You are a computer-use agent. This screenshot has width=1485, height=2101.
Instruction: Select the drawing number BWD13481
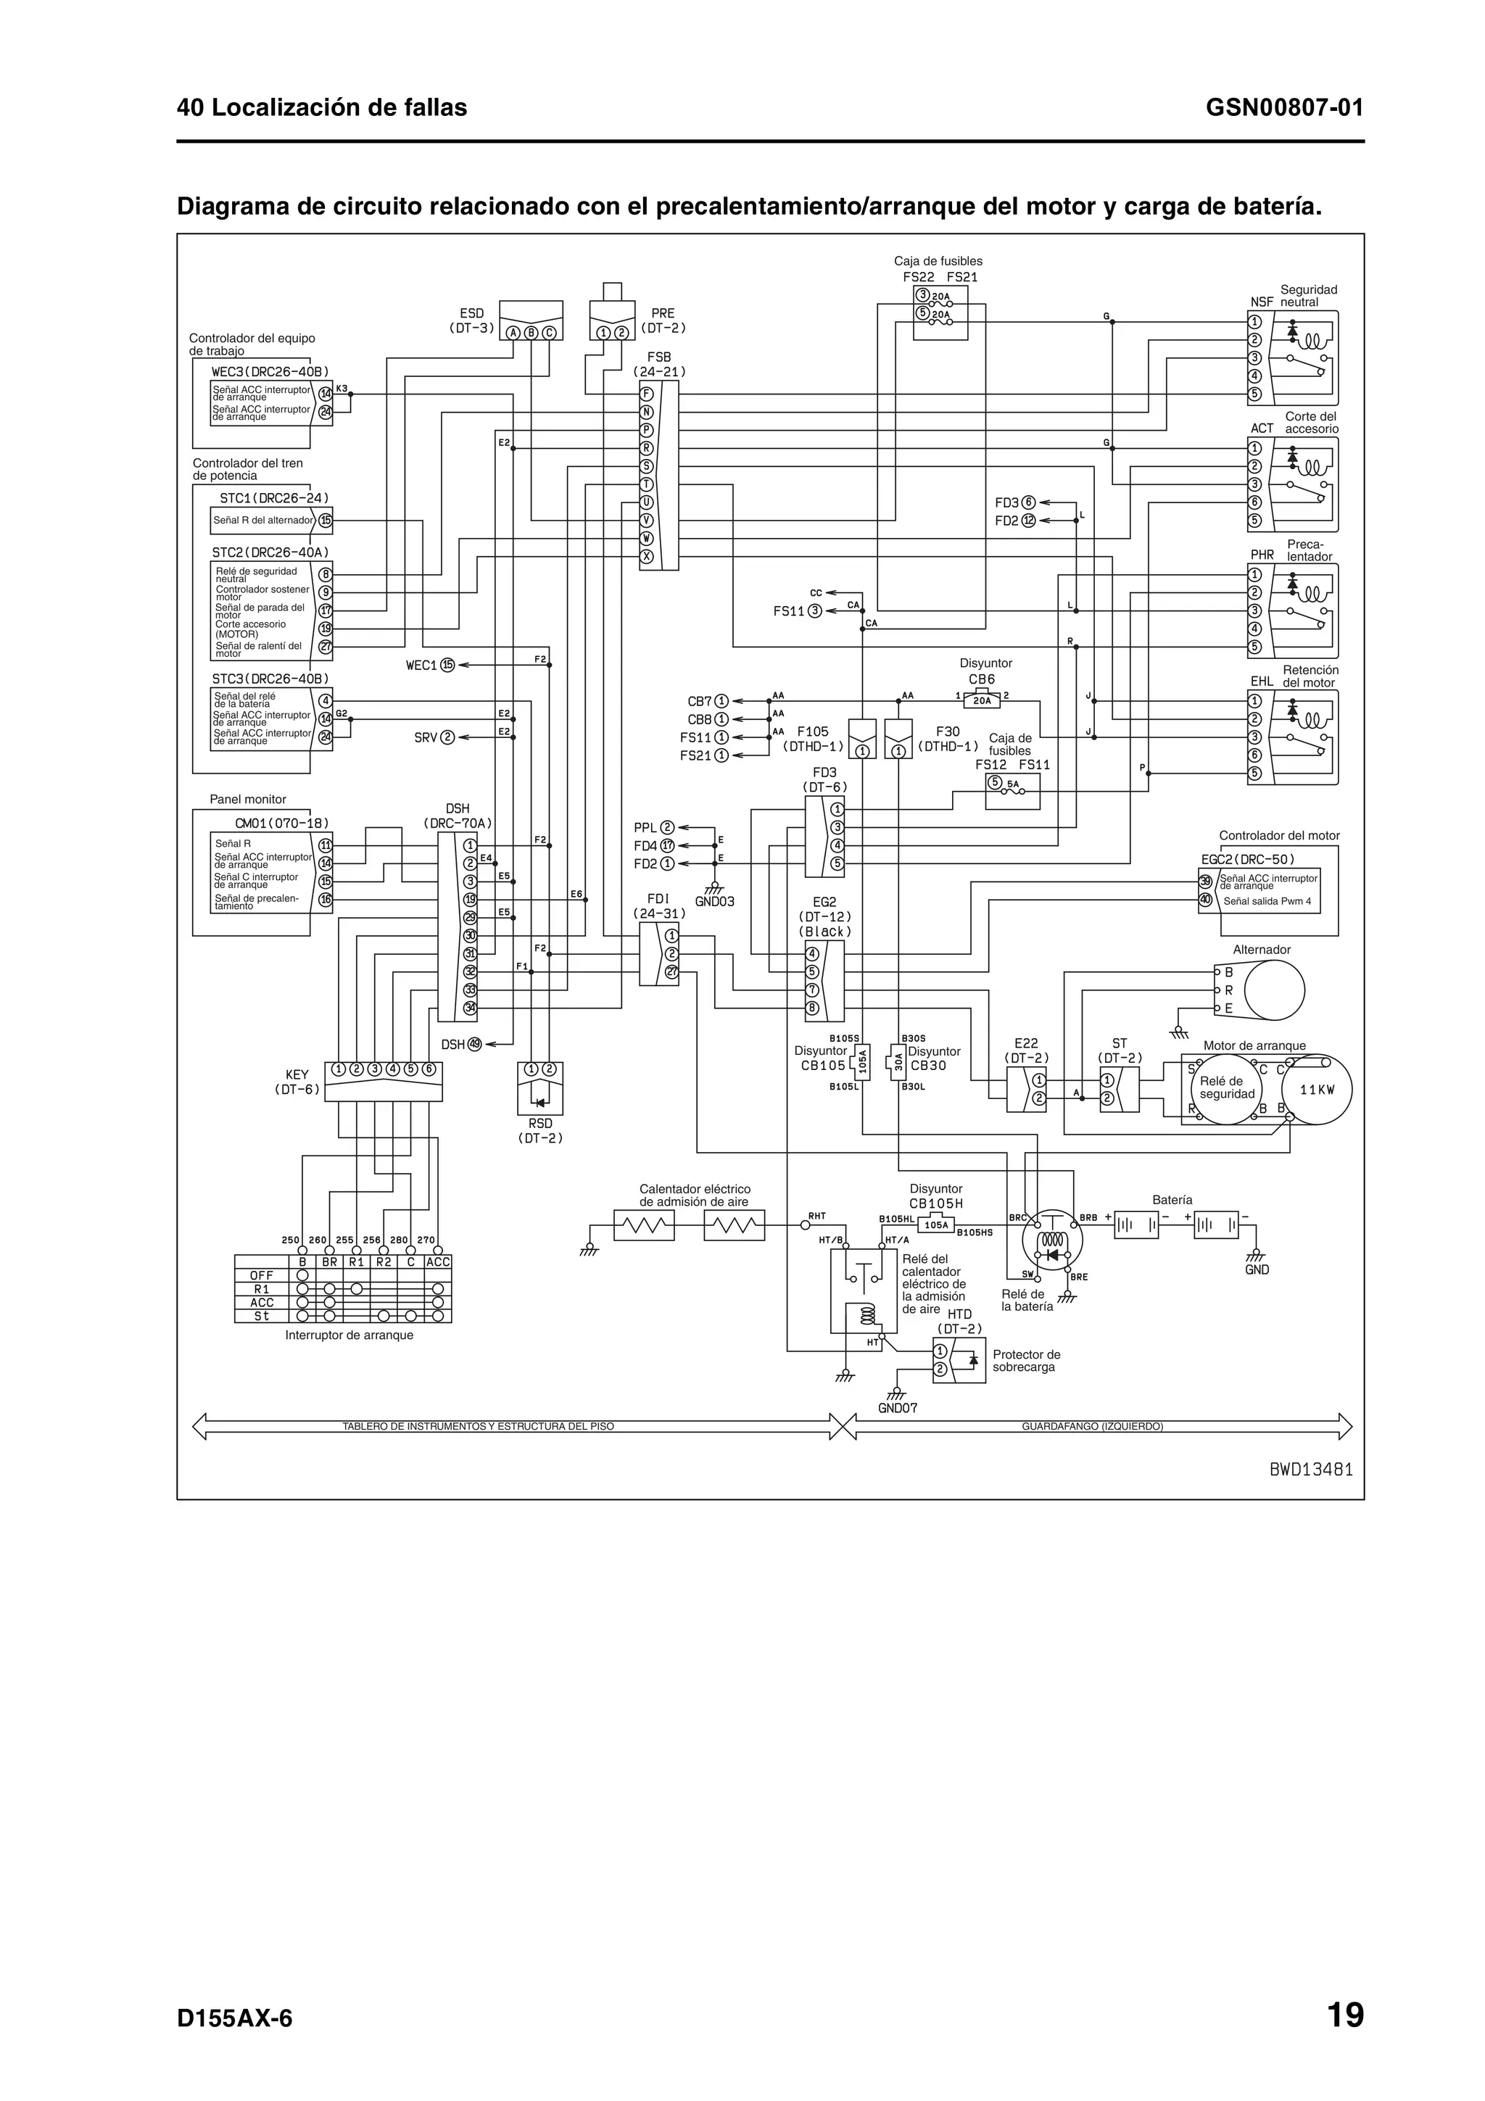pyautogui.click(x=1310, y=1470)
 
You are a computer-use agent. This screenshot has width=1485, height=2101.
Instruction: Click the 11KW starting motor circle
pyautogui.click(x=1317, y=1090)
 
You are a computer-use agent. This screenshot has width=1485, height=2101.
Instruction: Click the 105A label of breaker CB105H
pyautogui.click(x=936, y=1224)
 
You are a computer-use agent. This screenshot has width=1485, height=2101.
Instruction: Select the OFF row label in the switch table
pyautogui.click(x=261, y=1275)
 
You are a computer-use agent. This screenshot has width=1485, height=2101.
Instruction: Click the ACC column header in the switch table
pyautogui.click(x=438, y=1262)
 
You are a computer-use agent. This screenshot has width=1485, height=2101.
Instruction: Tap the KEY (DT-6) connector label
pyautogui.click(x=297, y=1082)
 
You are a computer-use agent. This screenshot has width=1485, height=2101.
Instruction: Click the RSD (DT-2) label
pyautogui.click(x=539, y=1131)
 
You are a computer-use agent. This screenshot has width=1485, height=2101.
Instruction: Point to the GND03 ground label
pyautogui.click(x=715, y=901)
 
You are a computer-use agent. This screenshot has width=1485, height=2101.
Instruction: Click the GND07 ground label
pyautogui.click(x=897, y=1409)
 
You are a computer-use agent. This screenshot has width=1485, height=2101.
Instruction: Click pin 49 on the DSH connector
pyautogui.click(x=475, y=1044)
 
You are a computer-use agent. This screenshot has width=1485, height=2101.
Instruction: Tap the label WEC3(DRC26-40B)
pyautogui.click(x=270, y=371)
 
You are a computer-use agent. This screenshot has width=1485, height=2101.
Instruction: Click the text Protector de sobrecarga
pyautogui.click(x=1026, y=1361)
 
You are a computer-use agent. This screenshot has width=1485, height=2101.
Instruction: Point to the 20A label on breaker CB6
pyautogui.click(x=981, y=701)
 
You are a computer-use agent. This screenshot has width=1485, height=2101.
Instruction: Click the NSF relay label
pyautogui.click(x=1261, y=302)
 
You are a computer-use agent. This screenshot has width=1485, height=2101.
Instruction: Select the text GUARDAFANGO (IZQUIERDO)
pyautogui.click(x=1091, y=1425)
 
